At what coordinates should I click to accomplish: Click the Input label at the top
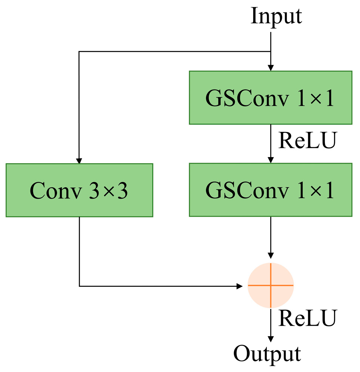tap(276, 17)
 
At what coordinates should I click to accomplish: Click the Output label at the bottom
tap(267, 354)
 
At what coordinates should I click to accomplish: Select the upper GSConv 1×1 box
tap(270, 98)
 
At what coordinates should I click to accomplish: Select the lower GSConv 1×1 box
tap(270, 190)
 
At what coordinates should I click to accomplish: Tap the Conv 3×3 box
tap(79, 190)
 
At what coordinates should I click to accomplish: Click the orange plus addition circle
tap(270, 285)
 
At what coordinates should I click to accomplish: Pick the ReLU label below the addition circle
tap(306, 318)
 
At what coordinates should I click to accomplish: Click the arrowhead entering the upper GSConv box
tap(270, 68)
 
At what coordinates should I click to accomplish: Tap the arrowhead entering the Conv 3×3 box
tap(79, 160)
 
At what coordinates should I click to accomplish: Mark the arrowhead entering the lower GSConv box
tap(270, 160)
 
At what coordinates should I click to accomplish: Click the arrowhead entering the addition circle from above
tap(270, 255)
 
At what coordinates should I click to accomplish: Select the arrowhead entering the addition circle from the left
tap(239, 286)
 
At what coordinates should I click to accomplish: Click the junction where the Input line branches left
tap(270, 52)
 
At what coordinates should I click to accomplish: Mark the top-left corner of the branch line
tap(79, 52)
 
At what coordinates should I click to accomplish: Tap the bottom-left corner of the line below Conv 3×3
tap(79, 286)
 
